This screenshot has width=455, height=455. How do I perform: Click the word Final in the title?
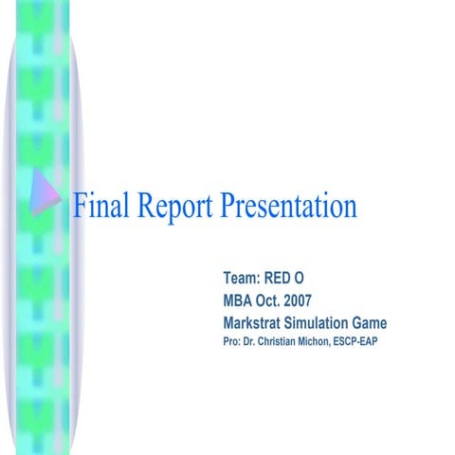tap(101, 204)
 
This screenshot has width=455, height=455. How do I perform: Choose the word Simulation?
tap(325, 322)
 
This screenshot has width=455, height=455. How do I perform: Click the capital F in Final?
tap(82, 204)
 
